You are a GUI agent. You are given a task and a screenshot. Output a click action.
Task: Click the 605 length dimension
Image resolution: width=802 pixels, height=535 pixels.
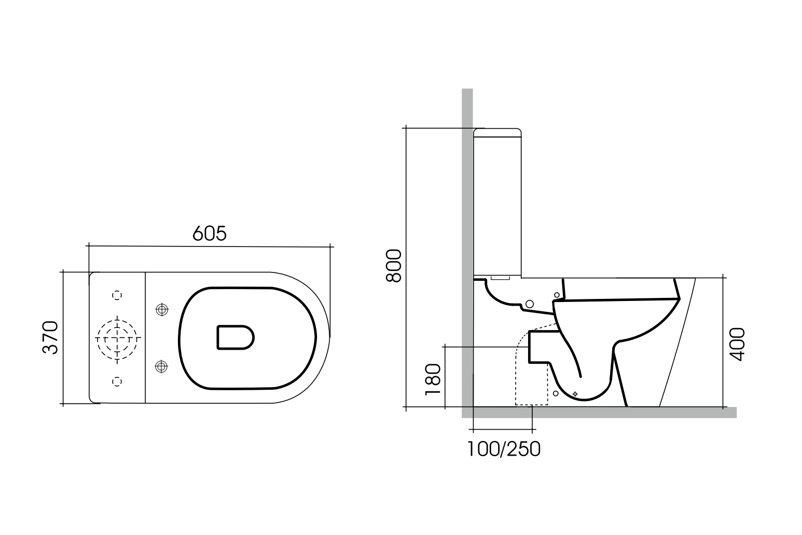(209, 234)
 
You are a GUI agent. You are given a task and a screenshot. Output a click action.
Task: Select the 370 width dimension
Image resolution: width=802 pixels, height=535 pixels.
(50, 337)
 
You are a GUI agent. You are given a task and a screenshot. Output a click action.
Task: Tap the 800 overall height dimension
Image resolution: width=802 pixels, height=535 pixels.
(394, 266)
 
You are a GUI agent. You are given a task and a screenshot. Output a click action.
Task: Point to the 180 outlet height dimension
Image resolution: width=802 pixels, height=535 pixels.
(433, 379)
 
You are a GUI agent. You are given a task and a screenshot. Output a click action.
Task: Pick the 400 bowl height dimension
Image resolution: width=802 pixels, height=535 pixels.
(737, 344)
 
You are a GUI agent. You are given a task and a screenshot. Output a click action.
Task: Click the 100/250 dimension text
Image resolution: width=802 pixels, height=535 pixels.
(504, 449)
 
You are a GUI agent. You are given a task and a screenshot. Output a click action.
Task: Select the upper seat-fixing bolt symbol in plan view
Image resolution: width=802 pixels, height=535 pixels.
(162, 310)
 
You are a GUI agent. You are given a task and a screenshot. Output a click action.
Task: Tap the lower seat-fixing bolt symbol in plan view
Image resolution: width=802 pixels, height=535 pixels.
(162, 367)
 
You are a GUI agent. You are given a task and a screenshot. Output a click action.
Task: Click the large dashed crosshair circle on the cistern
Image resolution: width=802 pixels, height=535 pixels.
(118, 338)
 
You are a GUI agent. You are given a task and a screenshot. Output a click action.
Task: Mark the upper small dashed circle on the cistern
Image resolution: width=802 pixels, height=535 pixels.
(118, 295)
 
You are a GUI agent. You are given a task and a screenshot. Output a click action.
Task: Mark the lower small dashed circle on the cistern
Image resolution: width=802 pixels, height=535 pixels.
(118, 381)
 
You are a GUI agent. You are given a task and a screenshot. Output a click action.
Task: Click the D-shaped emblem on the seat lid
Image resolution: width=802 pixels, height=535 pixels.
(235, 337)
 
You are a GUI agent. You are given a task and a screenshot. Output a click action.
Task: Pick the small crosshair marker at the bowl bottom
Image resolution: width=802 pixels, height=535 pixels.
(575, 394)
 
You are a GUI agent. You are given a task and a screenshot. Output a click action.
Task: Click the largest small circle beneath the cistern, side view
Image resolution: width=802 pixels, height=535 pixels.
(530, 304)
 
